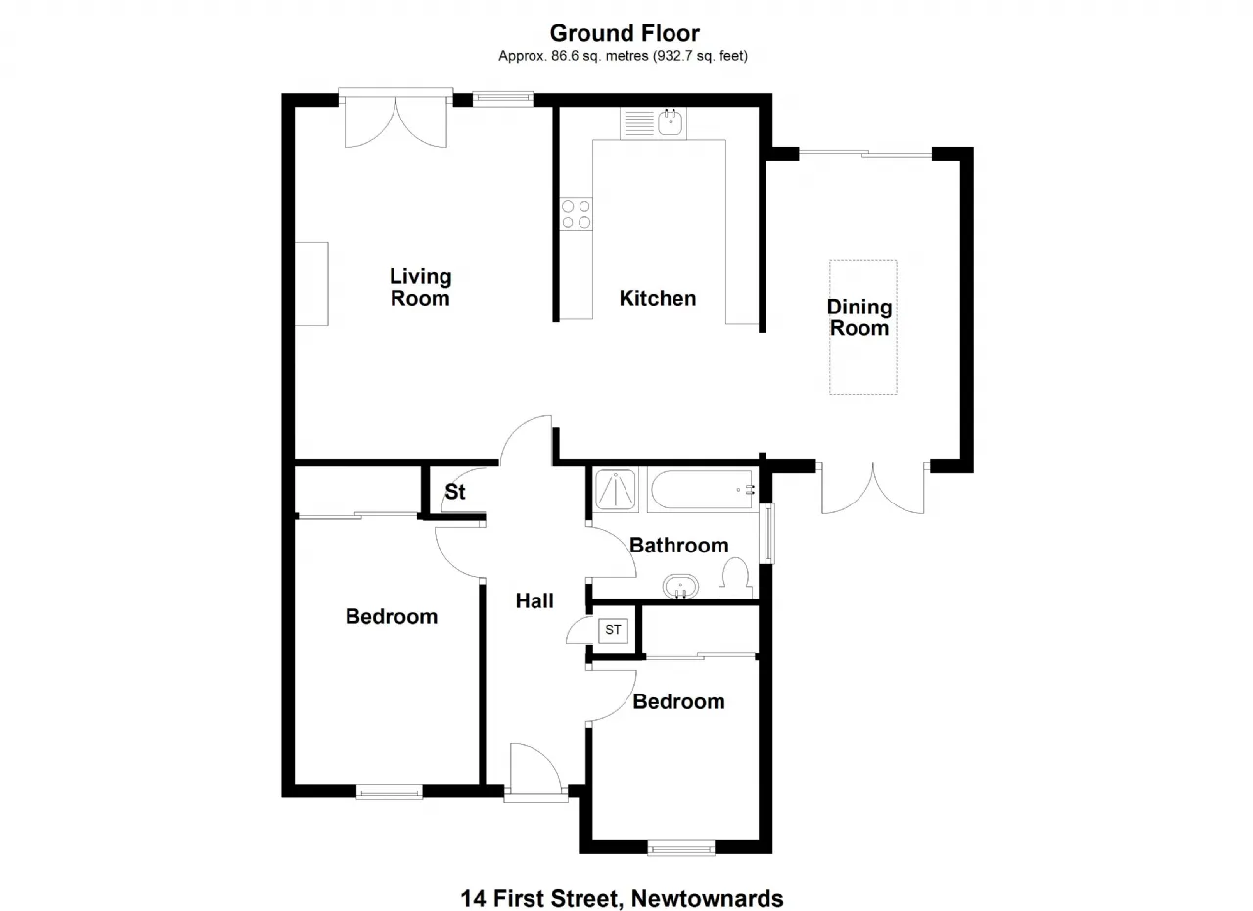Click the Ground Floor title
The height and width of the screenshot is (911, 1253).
(625, 33)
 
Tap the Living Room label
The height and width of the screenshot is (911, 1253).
(420, 287)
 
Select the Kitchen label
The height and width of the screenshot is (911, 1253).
(657, 298)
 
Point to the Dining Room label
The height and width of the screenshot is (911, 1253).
(859, 317)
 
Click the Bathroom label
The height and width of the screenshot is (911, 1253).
(679, 545)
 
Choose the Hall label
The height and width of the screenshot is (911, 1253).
(534, 601)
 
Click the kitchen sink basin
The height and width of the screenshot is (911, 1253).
(670, 122)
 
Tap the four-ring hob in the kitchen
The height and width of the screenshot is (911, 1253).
(577, 214)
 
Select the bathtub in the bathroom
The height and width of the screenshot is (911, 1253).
(703, 490)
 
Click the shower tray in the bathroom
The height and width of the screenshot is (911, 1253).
(616, 490)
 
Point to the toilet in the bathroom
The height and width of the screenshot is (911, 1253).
(735, 578)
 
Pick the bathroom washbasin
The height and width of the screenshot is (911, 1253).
(680, 587)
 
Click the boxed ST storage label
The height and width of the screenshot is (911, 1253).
(613, 630)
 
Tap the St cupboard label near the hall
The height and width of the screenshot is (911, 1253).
(455, 492)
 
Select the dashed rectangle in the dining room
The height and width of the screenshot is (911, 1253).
(863, 327)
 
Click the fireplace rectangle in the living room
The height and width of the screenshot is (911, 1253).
(311, 284)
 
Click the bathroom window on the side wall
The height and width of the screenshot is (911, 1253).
(769, 534)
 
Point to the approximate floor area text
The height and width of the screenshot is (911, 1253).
(624, 56)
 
